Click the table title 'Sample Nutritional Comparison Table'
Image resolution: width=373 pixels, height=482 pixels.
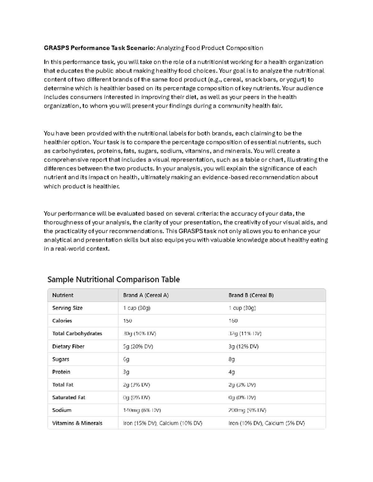tap(113, 279)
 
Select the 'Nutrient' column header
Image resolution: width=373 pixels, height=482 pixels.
tap(63, 295)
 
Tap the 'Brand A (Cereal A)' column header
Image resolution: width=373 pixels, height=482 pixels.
tap(146, 295)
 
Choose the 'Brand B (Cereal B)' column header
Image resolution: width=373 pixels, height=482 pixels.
tap(251, 295)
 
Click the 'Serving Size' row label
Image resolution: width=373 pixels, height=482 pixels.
tap(67, 308)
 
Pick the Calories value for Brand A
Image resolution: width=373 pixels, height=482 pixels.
tap(127, 321)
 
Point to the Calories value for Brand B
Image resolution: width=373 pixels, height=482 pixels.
tap(233, 321)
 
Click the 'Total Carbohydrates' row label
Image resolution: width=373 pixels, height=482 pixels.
tap(77, 333)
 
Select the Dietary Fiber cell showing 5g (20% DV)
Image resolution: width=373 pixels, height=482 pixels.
tap(138, 346)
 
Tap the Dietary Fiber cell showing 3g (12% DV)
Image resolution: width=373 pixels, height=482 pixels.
tap(243, 346)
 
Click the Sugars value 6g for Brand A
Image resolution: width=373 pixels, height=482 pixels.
tap(126, 359)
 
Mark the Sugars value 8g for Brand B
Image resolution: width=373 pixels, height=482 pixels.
tap(232, 359)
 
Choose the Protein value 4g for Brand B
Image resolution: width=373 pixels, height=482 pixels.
tap(232, 372)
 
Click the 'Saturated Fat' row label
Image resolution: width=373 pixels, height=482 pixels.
tap(69, 397)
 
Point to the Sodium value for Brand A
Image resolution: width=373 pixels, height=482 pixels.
tap(142, 410)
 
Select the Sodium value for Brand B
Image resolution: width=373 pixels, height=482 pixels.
tap(247, 410)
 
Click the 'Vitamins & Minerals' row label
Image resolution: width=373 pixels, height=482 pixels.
tap(77, 423)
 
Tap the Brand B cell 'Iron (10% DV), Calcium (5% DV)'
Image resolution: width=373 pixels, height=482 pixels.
tap(266, 423)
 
